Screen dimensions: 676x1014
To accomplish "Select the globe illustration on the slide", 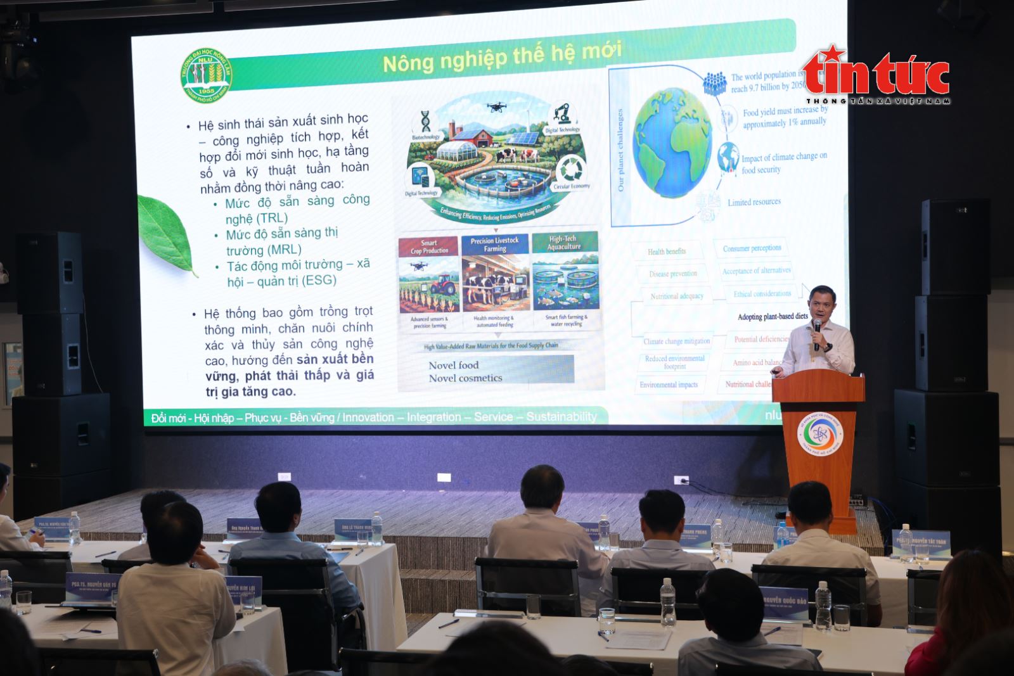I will tap(672, 143).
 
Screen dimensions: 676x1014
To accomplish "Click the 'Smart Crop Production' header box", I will tap(428, 246).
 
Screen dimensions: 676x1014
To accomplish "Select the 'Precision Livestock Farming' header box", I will tap(494, 245).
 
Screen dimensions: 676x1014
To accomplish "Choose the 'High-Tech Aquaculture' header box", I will tap(563, 243).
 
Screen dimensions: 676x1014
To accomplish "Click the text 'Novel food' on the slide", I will tap(454, 365).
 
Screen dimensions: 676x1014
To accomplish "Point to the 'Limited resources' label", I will tap(754, 202).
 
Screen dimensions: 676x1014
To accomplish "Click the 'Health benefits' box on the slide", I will tap(667, 252).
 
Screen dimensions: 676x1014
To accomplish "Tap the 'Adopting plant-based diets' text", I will tap(773, 316).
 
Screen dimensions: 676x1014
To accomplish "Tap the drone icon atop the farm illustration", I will tap(496, 108).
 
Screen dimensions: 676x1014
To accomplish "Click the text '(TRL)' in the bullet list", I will tap(272, 218).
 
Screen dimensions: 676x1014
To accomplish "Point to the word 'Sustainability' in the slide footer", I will tap(562, 416).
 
